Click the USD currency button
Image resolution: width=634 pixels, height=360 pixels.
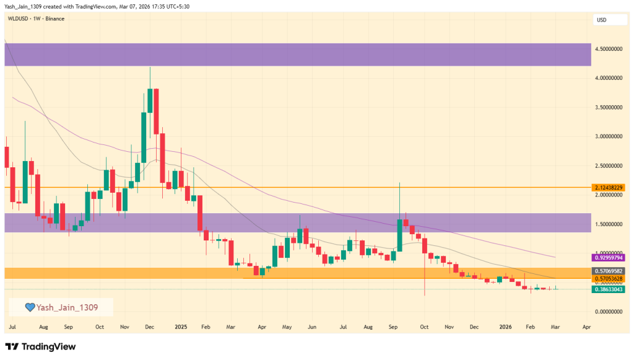point(601,20)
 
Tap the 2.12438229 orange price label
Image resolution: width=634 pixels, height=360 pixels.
point(607,187)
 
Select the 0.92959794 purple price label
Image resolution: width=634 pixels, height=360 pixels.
point(607,257)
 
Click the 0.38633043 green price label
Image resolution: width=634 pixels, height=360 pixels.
point(607,289)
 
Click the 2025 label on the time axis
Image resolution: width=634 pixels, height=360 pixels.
point(181,326)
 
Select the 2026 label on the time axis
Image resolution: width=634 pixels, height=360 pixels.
point(506,326)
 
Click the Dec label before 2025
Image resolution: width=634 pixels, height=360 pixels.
point(149,326)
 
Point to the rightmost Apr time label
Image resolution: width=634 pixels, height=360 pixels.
point(586,326)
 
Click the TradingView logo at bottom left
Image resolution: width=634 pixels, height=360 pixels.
point(41,346)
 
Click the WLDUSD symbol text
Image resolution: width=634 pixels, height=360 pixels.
point(19,19)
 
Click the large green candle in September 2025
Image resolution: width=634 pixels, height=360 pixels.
point(399,235)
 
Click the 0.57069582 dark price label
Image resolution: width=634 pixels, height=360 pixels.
point(607,271)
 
